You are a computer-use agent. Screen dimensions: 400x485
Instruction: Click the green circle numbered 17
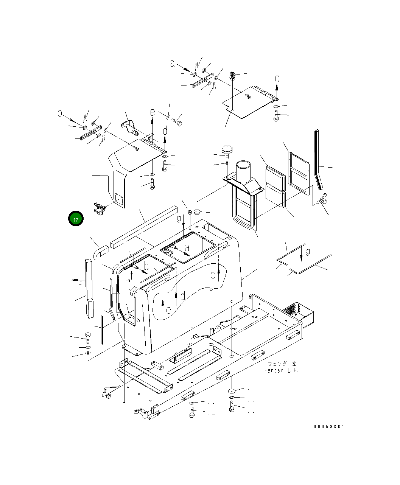coord(76,218)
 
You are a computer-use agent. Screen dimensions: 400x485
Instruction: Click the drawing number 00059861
coord(328,427)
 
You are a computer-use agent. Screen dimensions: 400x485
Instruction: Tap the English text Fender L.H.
coord(281,370)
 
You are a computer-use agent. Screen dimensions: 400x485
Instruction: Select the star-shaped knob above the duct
coord(227,149)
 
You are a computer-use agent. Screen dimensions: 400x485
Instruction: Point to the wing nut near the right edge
coord(322,199)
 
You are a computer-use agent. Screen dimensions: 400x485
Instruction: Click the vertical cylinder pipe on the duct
coord(243,171)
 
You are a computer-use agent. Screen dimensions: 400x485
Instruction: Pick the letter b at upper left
coord(60,112)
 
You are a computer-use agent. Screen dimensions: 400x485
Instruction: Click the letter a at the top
coord(172,63)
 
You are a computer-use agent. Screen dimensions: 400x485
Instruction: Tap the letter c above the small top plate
coord(277,79)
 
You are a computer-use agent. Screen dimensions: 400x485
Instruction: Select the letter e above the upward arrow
coord(153,112)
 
